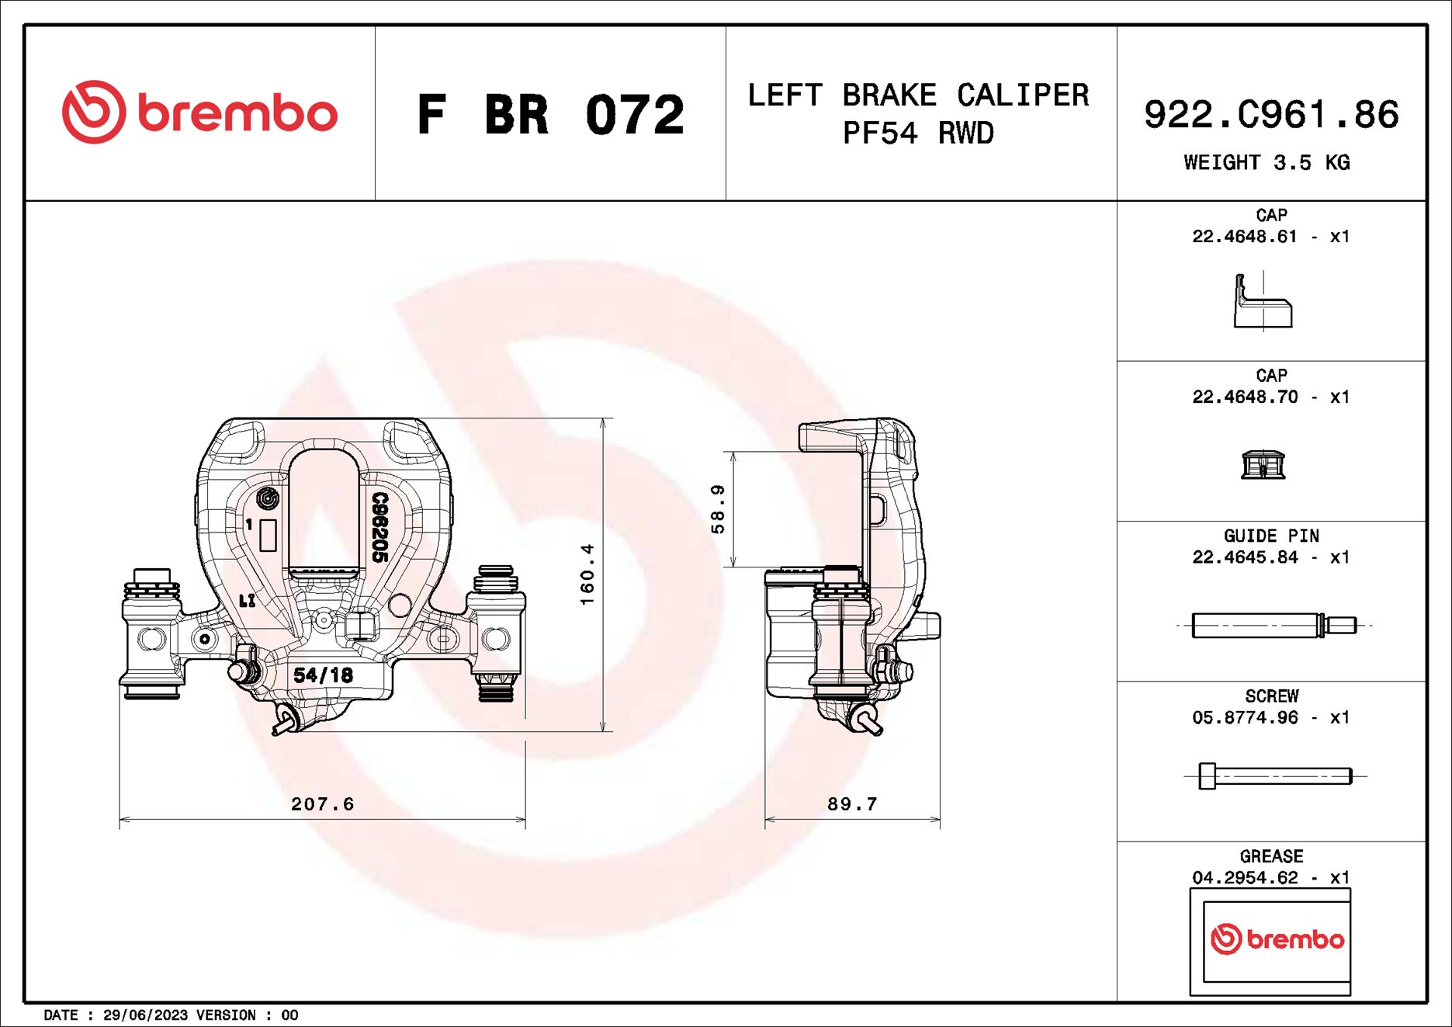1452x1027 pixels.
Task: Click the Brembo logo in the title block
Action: tap(199, 113)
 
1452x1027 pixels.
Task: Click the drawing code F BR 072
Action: tap(550, 115)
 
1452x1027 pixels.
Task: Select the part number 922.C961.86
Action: tap(1271, 115)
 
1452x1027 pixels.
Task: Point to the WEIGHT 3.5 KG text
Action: tap(1267, 163)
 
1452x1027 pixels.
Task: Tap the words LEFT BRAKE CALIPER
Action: tap(917, 95)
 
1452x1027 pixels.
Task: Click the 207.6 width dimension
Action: tap(322, 804)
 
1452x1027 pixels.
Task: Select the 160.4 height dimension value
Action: tap(587, 574)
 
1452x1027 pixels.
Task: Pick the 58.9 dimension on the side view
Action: tap(718, 509)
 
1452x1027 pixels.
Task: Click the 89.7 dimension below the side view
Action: tap(852, 804)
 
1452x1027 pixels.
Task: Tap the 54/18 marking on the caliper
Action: tap(323, 675)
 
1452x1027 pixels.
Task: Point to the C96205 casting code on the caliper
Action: tap(379, 527)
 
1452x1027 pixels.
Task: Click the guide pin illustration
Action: tap(1273, 625)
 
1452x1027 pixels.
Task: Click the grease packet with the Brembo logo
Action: tap(1270, 941)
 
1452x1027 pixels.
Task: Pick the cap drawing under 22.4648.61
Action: tap(1263, 303)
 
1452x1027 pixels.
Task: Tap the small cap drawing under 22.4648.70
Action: tap(1263, 465)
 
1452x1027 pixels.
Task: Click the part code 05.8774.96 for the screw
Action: tap(1245, 718)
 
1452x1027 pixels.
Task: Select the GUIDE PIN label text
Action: tap(1270, 536)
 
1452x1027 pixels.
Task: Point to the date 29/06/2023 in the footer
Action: tap(145, 1015)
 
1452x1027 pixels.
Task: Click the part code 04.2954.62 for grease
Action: tap(1245, 878)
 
